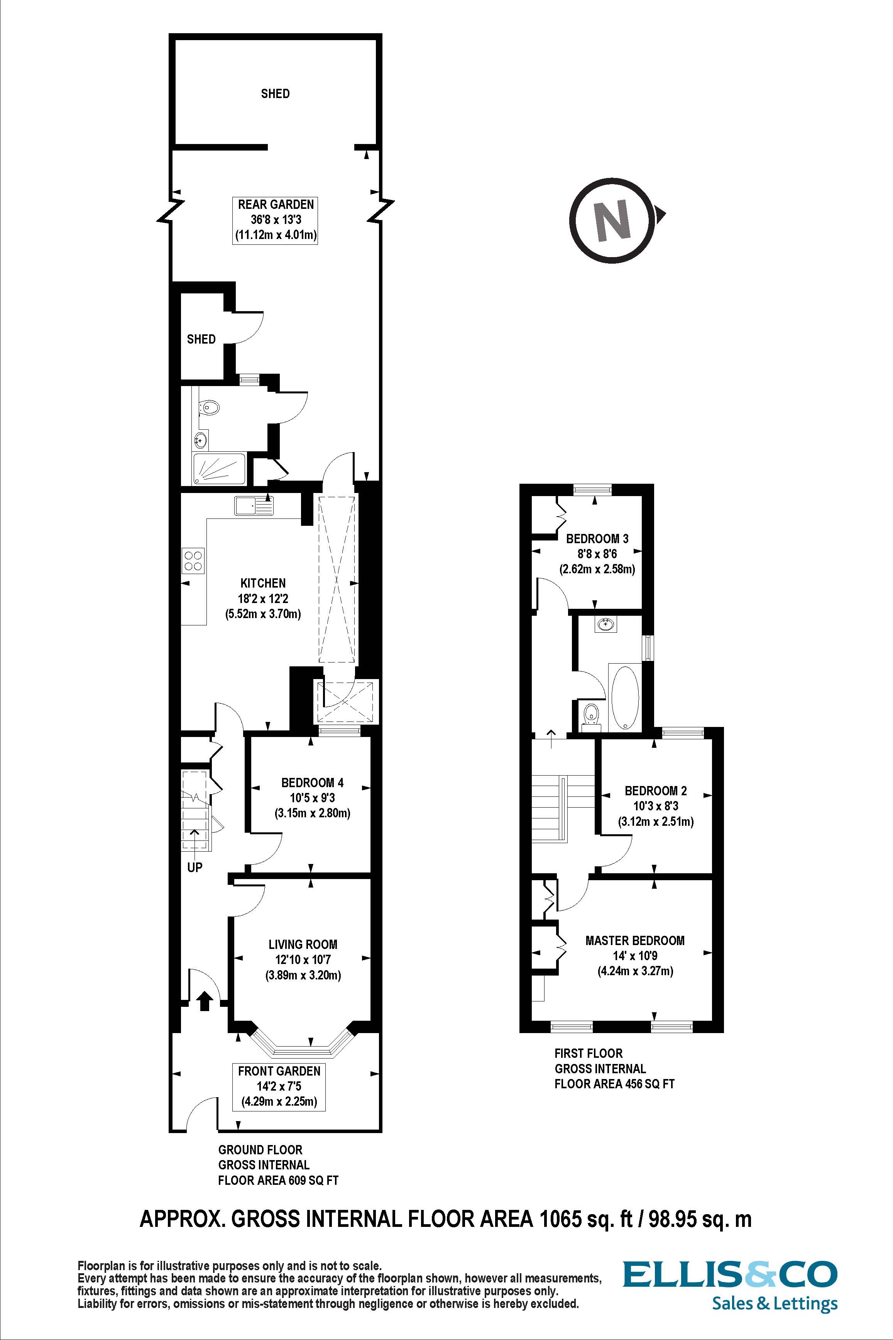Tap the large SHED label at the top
(275, 93)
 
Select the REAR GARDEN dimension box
(276, 220)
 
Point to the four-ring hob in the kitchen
(193, 561)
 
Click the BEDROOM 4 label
(312, 783)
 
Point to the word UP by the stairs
(195, 868)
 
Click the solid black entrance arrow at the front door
(205, 1000)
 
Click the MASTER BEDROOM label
(635, 940)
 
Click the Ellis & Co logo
(730, 1280)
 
